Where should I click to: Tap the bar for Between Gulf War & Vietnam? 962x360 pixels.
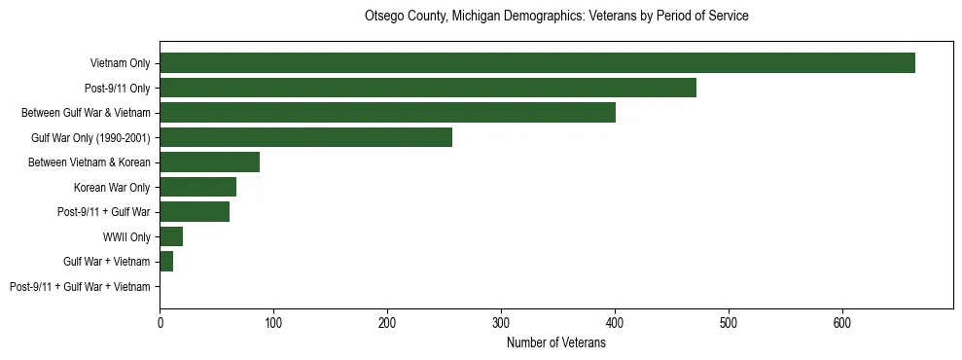tap(387, 113)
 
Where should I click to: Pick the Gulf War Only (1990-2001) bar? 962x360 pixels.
tap(305, 137)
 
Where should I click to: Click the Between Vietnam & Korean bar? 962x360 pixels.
tap(209, 162)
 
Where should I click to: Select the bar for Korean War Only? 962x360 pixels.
tap(197, 187)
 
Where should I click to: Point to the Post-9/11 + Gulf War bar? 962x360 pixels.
tap(195, 212)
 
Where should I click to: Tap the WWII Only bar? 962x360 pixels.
tap(171, 236)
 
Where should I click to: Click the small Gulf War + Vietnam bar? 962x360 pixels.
tap(166, 262)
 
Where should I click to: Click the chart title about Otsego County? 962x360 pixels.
tap(555, 17)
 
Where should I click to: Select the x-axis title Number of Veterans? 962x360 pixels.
tap(555, 343)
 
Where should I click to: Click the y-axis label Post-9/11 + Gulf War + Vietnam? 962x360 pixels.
tap(80, 287)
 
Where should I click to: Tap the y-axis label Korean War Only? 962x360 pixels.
tap(112, 188)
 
